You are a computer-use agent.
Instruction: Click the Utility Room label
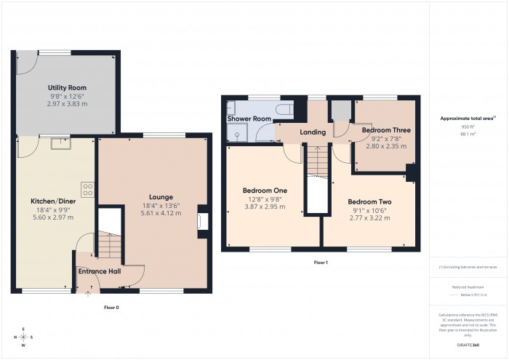click(63, 88)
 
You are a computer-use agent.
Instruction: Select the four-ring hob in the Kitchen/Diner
click(88, 189)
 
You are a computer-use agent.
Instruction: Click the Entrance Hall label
click(99, 272)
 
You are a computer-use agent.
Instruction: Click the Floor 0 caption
click(111, 308)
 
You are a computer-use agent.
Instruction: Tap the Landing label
click(313, 132)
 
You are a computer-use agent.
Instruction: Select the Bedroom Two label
click(371, 201)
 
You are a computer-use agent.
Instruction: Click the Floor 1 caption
click(321, 262)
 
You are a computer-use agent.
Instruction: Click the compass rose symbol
click(23, 337)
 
